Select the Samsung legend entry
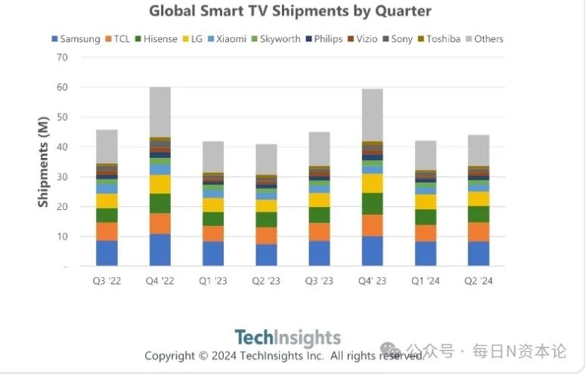76,39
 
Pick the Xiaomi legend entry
226,39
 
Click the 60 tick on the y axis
63,87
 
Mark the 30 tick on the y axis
63,177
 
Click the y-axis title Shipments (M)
43,162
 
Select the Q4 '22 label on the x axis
159,282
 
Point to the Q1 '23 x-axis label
213,282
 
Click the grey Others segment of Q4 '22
159,112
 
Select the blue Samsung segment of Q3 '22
107,253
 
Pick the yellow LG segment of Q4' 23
373,184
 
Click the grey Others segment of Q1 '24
426,156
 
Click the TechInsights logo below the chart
287,337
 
